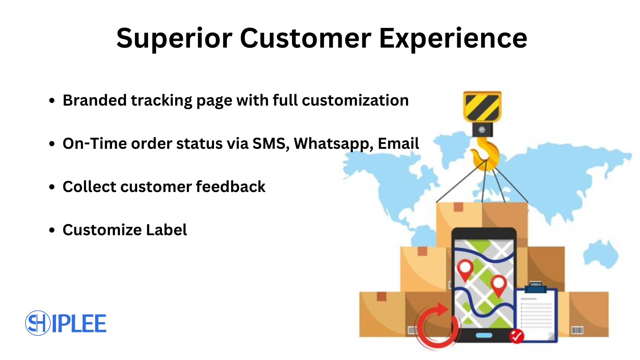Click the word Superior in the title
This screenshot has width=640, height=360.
click(174, 39)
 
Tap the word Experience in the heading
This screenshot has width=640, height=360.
click(453, 39)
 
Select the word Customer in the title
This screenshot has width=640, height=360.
click(306, 38)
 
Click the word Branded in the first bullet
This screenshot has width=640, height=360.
click(94, 100)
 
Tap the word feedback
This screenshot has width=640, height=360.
click(230, 186)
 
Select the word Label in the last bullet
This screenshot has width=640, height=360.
click(166, 230)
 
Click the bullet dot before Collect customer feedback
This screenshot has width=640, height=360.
click(52, 187)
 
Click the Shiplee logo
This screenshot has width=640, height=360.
click(66, 323)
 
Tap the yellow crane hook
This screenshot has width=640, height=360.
click(486, 154)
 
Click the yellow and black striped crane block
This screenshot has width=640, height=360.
click(482, 106)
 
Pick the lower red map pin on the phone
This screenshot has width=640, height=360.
click(498, 286)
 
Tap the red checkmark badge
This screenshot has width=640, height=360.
click(516, 336)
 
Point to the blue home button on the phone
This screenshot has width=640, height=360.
click(484, 335)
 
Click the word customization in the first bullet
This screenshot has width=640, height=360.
click(355, 100)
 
